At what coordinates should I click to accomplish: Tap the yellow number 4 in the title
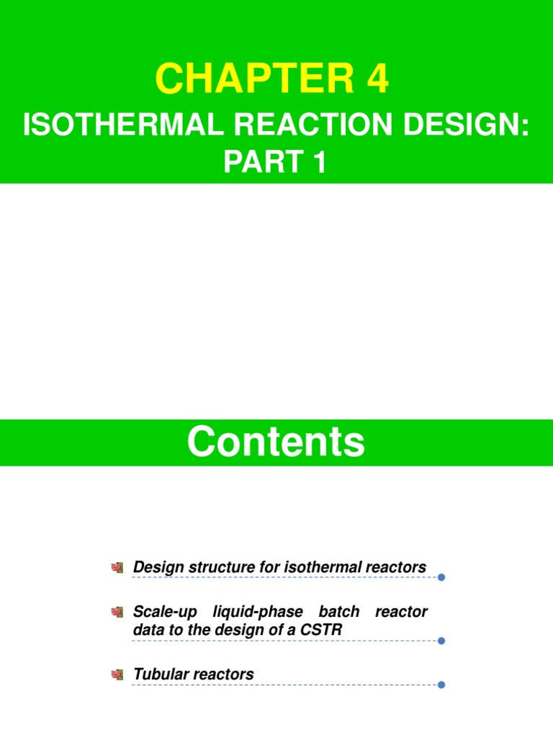tap(377, 79)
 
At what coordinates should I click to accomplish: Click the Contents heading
tap(276, 442)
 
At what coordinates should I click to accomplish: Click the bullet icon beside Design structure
tap(118, 568)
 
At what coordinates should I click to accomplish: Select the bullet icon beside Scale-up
tap(118, 613)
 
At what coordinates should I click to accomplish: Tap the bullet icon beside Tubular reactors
tap(118, 675)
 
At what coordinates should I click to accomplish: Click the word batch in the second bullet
tap(339, 612)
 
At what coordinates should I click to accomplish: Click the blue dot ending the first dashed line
tap(441, 577)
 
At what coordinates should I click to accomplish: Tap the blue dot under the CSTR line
tap(441, 640)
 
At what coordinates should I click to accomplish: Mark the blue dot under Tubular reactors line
tap(441, 685)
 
